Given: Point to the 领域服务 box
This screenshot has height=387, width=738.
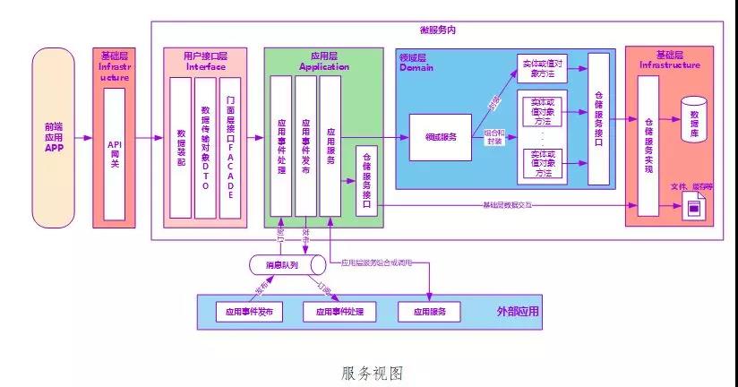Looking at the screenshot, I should point(441,137).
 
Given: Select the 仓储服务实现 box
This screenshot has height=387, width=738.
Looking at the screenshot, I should point(648,145).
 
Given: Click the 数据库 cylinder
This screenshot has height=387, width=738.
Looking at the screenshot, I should point(694,118).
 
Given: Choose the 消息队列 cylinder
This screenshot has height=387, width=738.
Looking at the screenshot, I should point(287,266).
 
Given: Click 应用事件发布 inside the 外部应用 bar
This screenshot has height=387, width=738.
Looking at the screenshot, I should point(249,312).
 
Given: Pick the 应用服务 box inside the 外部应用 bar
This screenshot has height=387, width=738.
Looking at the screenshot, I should point(429,312).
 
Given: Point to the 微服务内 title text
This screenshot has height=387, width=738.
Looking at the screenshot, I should point(438,30).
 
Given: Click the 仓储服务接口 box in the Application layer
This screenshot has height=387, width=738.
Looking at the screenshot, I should point(365,180).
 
